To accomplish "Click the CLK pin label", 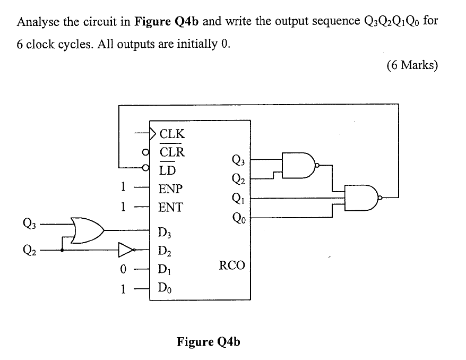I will point(172,133).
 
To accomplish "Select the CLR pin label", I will point(172,152).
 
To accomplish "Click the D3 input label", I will point(166,232).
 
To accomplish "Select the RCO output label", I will point(232,265).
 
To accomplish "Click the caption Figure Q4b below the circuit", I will point(208,341).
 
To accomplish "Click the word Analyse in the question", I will point(38,22).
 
